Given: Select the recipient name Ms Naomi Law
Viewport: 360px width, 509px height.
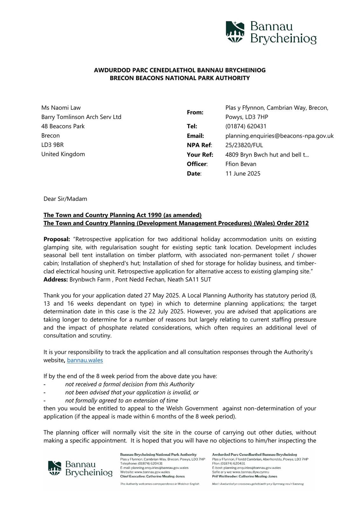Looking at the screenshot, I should click(x=61, y=108).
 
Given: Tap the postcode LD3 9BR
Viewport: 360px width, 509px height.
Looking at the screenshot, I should click(x=52, y=145).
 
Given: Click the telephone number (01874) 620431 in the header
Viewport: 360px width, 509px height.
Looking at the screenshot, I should click(x=246, y=126).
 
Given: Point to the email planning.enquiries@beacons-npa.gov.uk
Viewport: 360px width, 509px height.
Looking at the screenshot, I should click(x=279, y=136).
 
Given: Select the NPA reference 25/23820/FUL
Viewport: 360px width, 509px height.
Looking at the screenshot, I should click(x=244, y=145).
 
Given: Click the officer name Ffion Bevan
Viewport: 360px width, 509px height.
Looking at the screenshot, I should click(x=241, y=164).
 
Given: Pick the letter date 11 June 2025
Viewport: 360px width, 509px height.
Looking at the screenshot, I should click(x=243, y=173).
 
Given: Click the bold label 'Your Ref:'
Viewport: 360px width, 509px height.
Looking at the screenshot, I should click(x=200, y=155).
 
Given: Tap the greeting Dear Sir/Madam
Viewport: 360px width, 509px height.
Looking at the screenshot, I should click(x=65, y=199).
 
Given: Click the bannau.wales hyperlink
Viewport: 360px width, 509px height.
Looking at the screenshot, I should click(x=85, y=360).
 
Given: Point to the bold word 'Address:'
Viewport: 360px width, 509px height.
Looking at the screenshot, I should click(x=56, y=280).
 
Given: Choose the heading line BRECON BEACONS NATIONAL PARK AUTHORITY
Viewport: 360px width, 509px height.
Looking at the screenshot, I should click(x=180, y=78).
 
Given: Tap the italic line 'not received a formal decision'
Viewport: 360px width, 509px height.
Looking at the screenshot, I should click(x=129, y=384).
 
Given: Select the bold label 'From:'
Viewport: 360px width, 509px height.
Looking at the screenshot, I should click(x=195, y=112).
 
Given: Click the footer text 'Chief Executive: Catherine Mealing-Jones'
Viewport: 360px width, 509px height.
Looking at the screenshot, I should click(x=152, y=476).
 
